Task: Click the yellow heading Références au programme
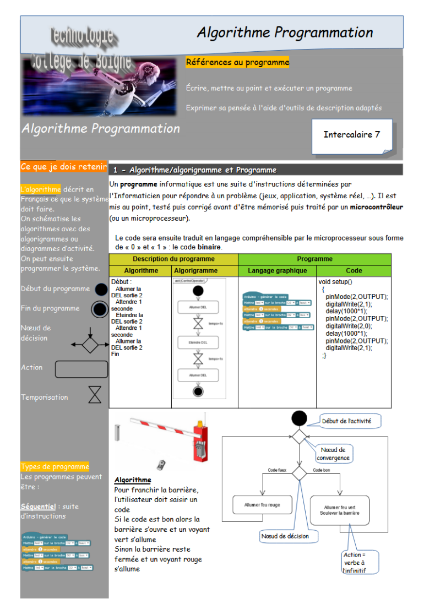[x=237, y=62]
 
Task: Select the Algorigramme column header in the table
[x=195, y=271]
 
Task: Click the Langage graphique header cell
[x=277, y=271]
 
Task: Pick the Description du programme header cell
[x=173, y=259]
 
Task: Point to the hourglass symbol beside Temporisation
[x=95, y=395]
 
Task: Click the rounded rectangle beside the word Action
[x=81, y=369]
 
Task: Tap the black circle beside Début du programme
[x=101, y=289]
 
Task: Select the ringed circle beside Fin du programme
[x=100, y=309]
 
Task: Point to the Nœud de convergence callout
[x=333, y=454]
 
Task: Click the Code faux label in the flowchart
[x=277, y=470]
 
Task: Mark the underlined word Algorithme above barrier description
[x=133, y=480]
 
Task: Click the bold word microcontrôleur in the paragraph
[x=377, y=207]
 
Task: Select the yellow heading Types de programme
[x=55, y=467]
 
